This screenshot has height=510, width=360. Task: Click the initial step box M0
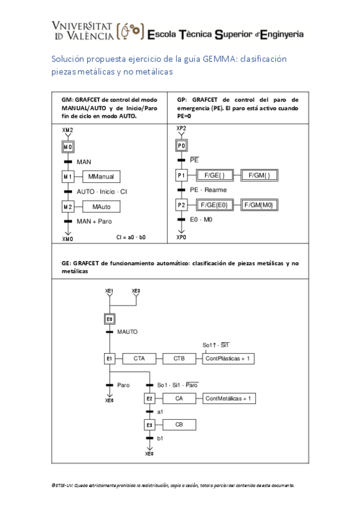click(68, 147)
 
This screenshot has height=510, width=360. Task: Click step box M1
click(68, 176)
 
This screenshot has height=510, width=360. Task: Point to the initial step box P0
click(182, 146)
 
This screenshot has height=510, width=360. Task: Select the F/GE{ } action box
click(215, 175)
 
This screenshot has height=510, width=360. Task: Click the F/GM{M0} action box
click(260, 205)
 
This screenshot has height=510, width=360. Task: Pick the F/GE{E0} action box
click(215, 205)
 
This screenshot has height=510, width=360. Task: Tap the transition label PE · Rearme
click(209, 190)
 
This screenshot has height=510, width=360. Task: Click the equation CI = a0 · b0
click(131, 238)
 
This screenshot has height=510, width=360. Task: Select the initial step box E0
click(110, 319)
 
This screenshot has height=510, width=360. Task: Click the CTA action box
click(138, 359)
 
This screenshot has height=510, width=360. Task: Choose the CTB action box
click(179, 359)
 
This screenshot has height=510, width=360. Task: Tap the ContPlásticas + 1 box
click(228, 359)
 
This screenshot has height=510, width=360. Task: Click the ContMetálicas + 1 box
click(231, 398)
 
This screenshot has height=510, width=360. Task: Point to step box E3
click(150, 425)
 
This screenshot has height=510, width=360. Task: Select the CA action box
click(179, 398)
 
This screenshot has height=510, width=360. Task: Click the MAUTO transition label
click(127, 331)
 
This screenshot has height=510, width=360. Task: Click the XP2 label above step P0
click(182, 129)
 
